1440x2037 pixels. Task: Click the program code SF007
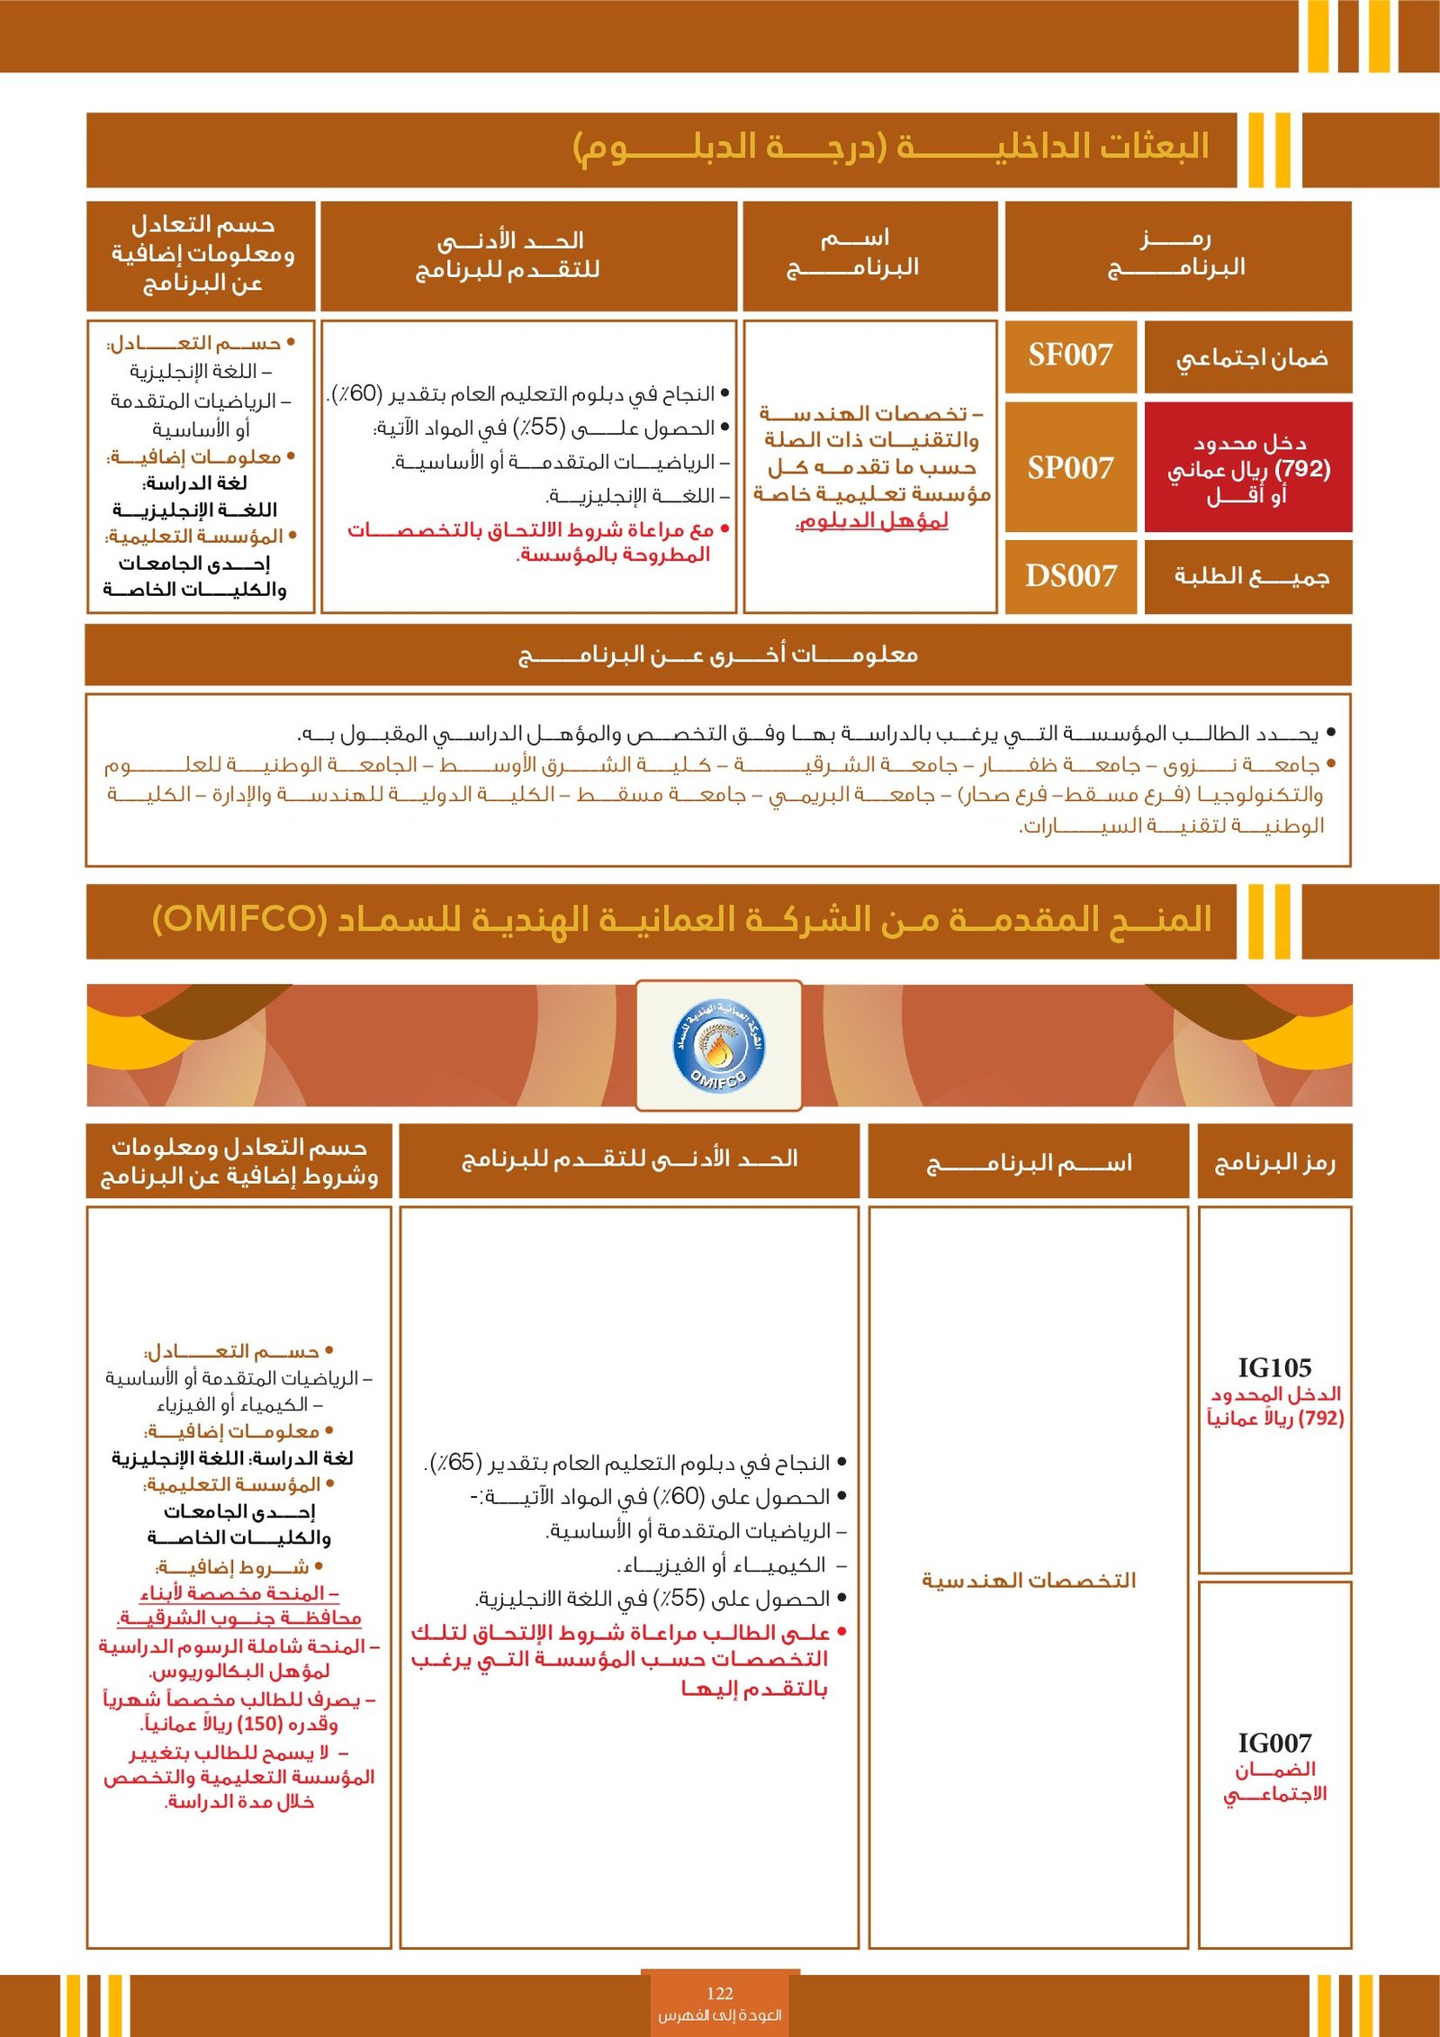click(x=1070, y=356)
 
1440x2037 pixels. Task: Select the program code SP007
click(x=1070, y=468)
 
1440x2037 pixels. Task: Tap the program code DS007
click(x=1070, y=576)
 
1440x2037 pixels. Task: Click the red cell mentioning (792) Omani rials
click(x=1248, y=468)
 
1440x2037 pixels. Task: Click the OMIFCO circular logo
click(x=719, y=1045)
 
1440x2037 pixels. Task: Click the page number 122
click(x=720, y=1993)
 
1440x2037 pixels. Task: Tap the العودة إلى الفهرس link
click(x=720, y=2014)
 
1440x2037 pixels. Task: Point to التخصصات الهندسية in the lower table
click(x=1029, y=1580)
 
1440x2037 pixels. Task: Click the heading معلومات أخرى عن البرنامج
click(x=718, y=654)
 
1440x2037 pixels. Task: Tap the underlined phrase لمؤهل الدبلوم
click(x=872, y=520)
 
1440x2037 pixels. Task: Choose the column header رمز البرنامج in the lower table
click(x=1274, y=1162)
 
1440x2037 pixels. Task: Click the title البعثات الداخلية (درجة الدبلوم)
click(x=891, y=147)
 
